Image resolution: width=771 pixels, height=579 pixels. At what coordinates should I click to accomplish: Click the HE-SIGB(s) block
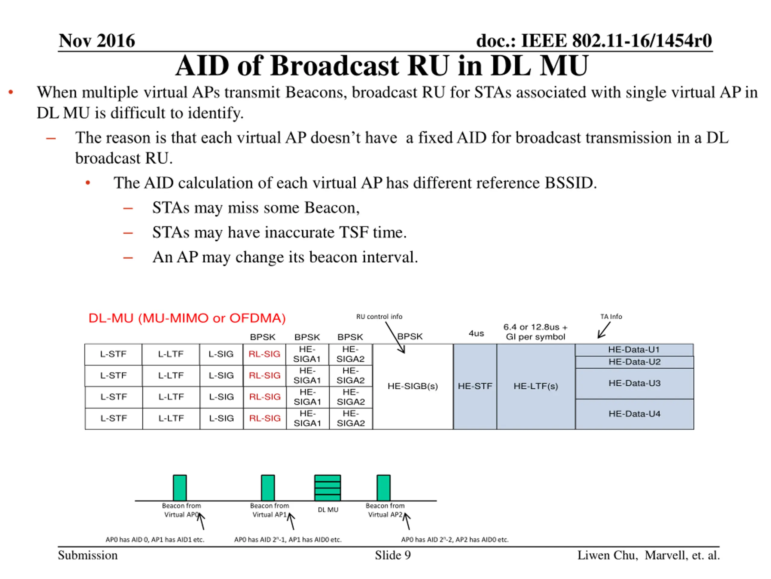tap(413, 386)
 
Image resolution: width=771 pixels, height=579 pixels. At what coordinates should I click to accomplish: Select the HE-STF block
tap(475, 386)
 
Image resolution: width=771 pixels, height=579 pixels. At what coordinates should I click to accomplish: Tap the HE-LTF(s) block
tap(536, 386)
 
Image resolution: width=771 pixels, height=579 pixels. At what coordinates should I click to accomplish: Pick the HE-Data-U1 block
tap(634, 350)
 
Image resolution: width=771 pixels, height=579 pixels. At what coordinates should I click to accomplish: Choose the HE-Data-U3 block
tap(634, 383)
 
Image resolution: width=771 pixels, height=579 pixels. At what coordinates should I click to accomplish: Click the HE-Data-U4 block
tap(634, 414)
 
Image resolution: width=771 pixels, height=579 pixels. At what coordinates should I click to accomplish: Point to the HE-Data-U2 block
tap(634, 362)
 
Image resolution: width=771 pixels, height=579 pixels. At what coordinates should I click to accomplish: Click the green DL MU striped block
tap(327, 488)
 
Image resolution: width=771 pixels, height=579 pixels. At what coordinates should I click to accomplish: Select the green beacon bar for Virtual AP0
tap(180, 488)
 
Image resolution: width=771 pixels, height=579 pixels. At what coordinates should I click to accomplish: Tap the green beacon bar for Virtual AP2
tap(383, 488)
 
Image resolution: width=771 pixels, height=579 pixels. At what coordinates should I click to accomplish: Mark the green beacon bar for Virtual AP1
tap(268, 488)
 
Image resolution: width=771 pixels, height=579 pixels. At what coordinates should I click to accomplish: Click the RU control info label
tap(379, 317)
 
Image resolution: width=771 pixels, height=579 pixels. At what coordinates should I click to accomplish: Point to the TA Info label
tap(611, 317)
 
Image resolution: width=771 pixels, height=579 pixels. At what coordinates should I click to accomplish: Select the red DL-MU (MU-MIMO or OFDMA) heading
tap(187, 318)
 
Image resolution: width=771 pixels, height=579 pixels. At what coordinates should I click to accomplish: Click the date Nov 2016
tap(97, 41)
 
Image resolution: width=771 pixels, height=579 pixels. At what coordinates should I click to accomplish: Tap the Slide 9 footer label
tap(392, 555)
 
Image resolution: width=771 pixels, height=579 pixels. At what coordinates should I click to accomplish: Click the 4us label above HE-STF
tap(476, 333)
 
